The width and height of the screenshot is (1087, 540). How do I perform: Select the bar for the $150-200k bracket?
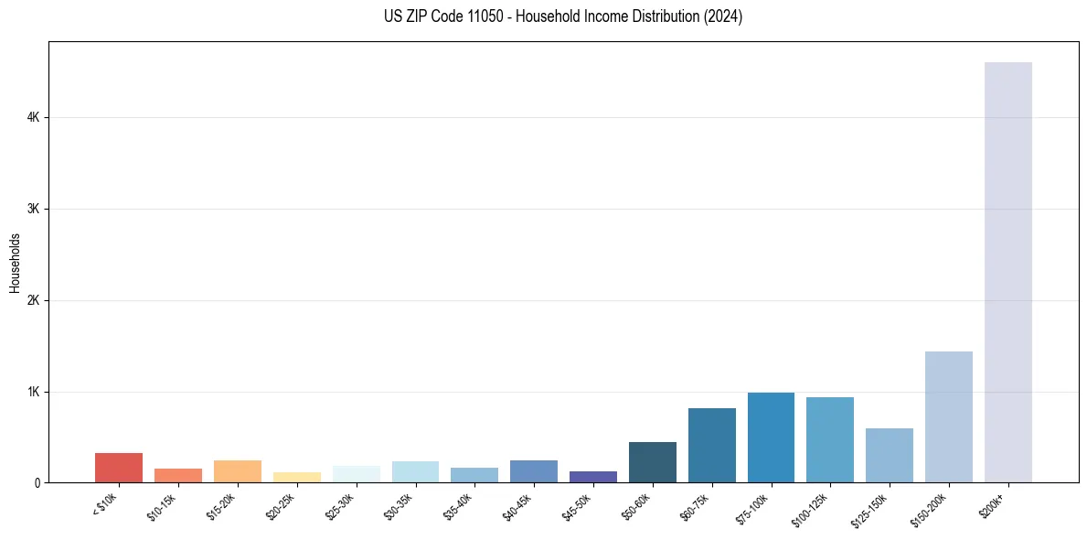pyautogui.click(x=948, y=416)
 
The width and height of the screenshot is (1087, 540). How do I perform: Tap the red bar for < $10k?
pyautogui.click(x=119, y=468)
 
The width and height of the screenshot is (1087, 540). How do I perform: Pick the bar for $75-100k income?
pyautogui.click(x=771, y=437)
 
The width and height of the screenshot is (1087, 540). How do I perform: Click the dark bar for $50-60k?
pyautogui.click(x=652, y=462)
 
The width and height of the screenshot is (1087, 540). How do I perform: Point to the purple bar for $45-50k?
pyautogui.click(x=592, y=477)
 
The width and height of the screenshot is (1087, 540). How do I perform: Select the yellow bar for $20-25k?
pyautogui.click(x=296, y=477)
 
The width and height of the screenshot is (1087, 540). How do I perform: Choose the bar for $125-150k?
pyautogui.click(x=889, y=455)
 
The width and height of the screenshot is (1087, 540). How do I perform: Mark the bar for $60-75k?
pyautogui.click(x=711, y=445)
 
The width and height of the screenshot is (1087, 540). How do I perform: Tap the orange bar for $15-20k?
pyautogui.click(x=237, y=471)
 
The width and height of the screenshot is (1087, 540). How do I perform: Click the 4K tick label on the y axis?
pyautogui.click(x=33, y=117)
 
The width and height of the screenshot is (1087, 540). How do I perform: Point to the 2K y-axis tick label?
pyautogui.click(x=33, y=300)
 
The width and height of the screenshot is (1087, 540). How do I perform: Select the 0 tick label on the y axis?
pyautogui.click(x=37, y=482)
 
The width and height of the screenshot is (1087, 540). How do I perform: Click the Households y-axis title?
pyautogui.click(x=15, y=263)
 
